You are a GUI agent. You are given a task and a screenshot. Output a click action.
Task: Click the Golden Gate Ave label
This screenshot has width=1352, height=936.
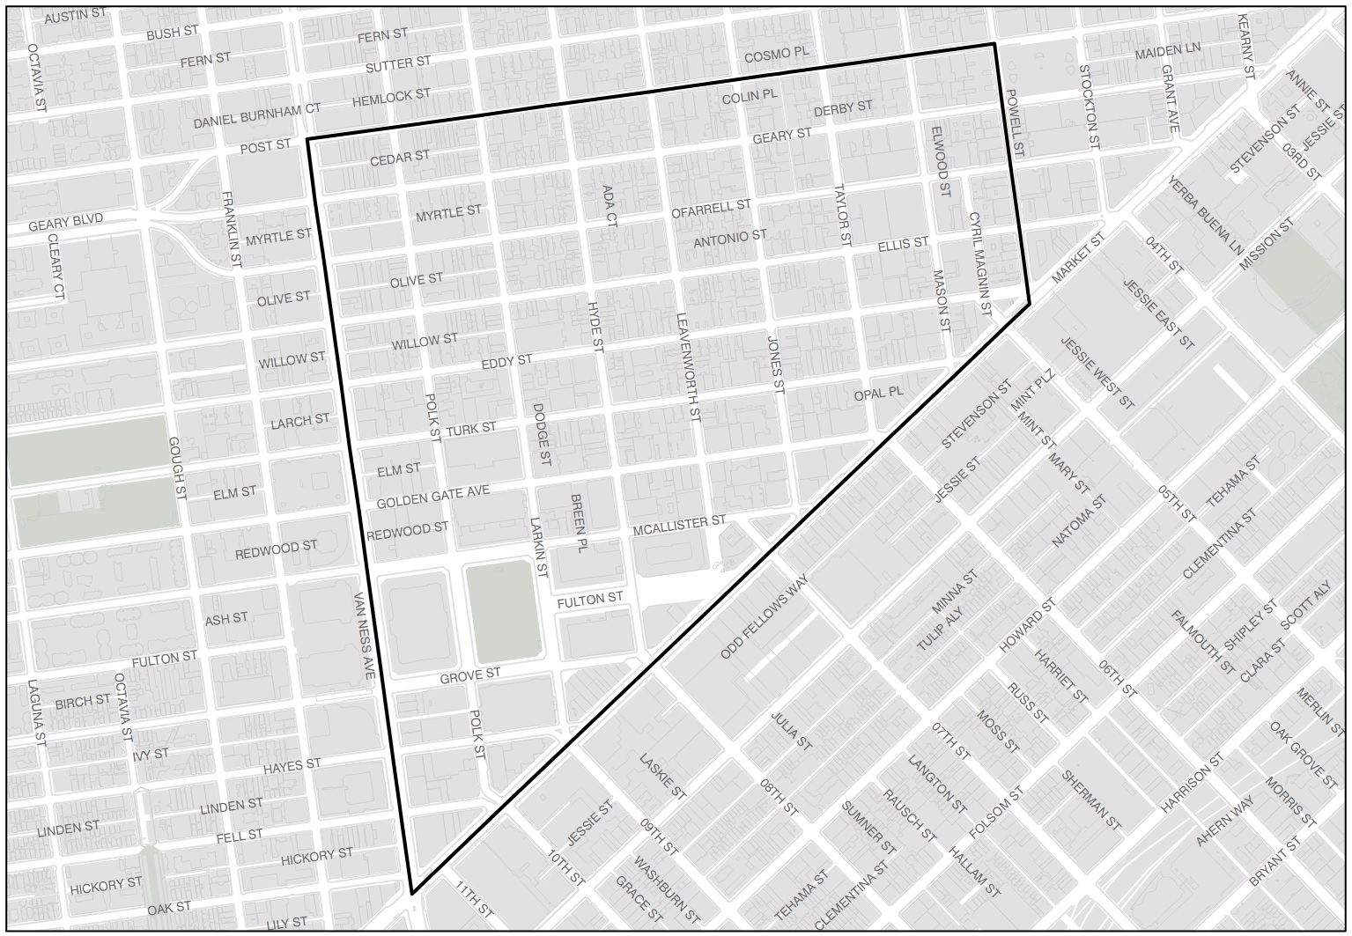pyautogui.click(x=432, y=496)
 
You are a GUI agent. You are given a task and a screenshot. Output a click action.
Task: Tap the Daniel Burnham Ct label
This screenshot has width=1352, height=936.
pyautogui.click(x=257, y=114)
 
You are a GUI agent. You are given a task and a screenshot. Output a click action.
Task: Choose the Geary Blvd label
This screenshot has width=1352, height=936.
pyautogui.click(x=65, y=222)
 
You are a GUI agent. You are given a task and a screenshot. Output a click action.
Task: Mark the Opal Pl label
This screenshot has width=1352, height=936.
pyautogui.click(x=878, y=393)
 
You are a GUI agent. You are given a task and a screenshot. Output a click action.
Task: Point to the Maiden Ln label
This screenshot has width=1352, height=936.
pyautogui.click(x=1167, y=52)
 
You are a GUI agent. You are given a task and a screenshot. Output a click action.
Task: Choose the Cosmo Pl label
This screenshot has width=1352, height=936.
pyautogui.click(x=776, y=55)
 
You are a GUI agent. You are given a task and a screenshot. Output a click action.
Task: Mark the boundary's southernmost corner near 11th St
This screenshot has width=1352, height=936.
pyautogui.click(x=411, y=892)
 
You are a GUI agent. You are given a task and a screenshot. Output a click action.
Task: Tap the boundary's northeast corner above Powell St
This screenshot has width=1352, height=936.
pyautogui.click(x=994, y=43)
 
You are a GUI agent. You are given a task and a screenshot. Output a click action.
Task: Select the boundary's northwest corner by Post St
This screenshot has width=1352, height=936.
pyautogui.click(x=307, y=138)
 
